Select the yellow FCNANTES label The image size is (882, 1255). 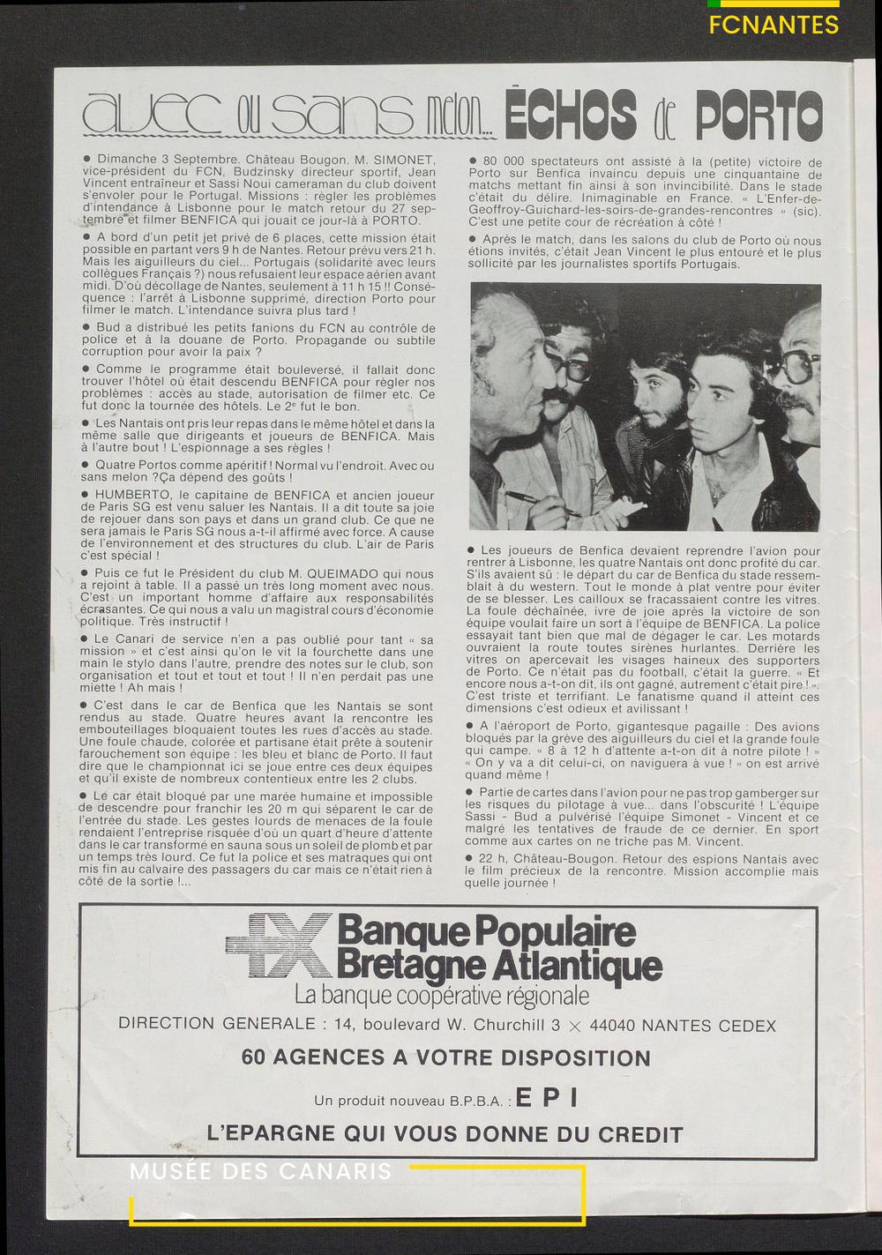(x=774, y=25)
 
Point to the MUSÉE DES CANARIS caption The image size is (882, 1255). (x=260, y=1172)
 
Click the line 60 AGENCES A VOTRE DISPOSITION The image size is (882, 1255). (x=446, y=1057)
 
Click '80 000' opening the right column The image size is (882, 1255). (x=505, y=162)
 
